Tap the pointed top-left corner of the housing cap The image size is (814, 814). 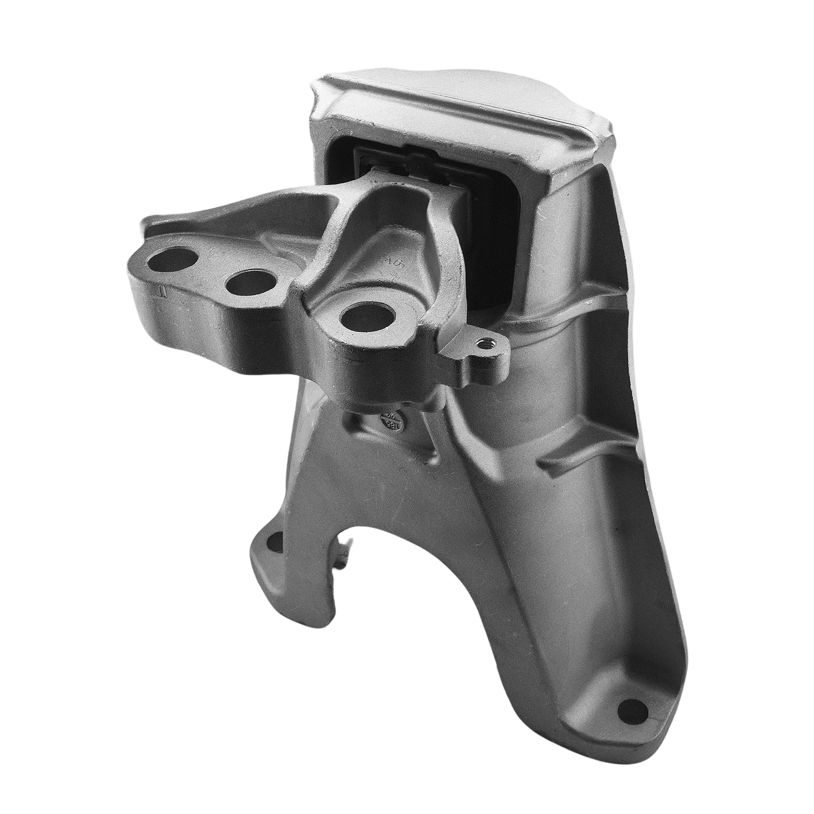click(314, 86)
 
